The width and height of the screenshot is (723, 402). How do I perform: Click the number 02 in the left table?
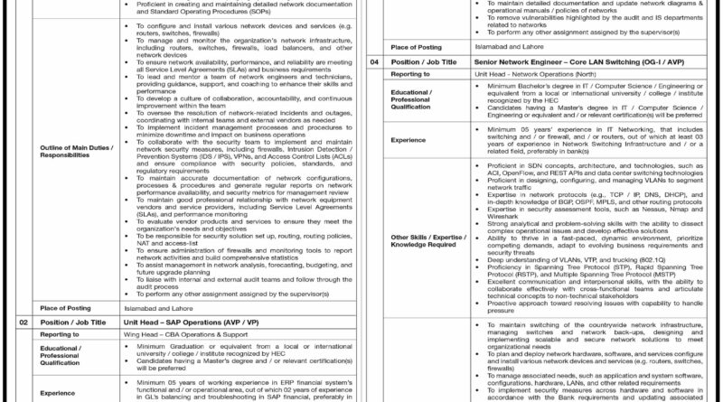coord(24,322)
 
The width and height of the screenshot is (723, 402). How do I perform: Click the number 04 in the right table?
coord(374,61)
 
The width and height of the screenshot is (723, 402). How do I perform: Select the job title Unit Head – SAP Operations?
coord(171,322)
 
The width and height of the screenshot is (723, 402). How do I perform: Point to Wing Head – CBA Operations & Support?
coord(176,333)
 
